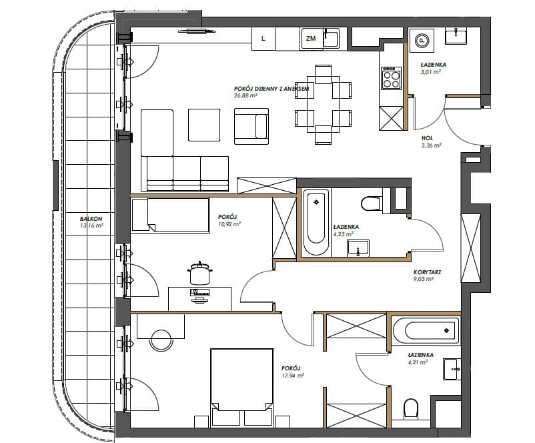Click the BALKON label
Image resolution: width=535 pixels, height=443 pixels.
91,219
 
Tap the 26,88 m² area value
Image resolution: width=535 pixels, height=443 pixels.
245,95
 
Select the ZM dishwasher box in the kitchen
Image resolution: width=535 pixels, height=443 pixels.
311,39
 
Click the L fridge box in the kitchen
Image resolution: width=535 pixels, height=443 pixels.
263,39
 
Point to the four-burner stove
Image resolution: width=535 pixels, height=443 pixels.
392,78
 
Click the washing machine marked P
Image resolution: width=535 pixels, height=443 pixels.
422,40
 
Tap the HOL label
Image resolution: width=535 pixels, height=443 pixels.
427,138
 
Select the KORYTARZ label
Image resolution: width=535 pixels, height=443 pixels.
427,272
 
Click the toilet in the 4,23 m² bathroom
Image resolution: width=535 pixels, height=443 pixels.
371,203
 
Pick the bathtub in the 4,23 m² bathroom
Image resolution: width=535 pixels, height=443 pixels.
316,222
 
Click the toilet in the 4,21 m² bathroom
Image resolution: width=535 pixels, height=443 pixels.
411,408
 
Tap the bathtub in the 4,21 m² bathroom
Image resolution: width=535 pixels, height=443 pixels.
426,330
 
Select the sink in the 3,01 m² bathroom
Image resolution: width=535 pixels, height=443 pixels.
456,37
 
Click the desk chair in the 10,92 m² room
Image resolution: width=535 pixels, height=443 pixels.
200,274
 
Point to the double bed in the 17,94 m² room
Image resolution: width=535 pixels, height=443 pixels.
242,388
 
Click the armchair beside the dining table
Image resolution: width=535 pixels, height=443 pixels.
251,126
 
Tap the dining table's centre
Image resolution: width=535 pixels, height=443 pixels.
323,105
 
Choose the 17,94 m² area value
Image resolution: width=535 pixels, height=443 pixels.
293,376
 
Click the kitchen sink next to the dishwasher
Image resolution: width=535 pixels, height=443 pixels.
332,39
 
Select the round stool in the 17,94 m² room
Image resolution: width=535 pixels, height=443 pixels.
161,340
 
